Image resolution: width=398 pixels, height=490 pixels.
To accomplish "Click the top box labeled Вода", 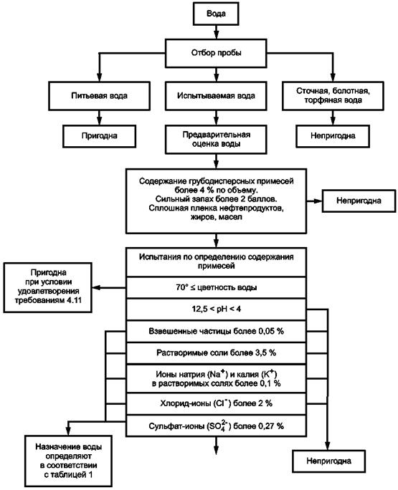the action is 216,14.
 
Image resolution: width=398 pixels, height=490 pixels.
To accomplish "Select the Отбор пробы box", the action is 216,53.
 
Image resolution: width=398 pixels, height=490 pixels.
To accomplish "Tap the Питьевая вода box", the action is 99,96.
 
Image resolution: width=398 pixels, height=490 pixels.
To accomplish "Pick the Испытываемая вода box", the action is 216,96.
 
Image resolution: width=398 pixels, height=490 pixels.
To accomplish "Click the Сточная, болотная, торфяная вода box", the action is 333,96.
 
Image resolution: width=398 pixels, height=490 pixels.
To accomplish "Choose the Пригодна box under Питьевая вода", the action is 99,136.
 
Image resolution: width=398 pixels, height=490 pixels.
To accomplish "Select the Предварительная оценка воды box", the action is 216,140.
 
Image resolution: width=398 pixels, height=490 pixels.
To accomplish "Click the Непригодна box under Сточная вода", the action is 333,136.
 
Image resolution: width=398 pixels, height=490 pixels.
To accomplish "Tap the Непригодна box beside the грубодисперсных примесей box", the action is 359,201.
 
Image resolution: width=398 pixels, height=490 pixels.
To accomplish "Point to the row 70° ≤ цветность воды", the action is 216,287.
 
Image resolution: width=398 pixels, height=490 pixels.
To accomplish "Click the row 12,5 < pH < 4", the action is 216,309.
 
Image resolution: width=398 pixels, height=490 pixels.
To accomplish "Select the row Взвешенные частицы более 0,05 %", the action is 216,331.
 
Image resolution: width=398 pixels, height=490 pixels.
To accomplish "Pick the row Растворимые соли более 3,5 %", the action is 216,353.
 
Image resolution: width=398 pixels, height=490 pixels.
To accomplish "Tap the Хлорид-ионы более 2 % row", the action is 216,404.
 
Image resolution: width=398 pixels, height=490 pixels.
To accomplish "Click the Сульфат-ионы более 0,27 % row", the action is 216,426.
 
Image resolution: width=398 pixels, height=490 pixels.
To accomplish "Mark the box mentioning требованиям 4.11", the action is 47,287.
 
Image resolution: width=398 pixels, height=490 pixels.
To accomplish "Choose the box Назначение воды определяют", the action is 68,461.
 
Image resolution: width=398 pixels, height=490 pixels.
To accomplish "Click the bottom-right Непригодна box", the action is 329,461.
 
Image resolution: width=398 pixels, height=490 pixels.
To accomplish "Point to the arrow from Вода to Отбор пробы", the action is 216,32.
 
